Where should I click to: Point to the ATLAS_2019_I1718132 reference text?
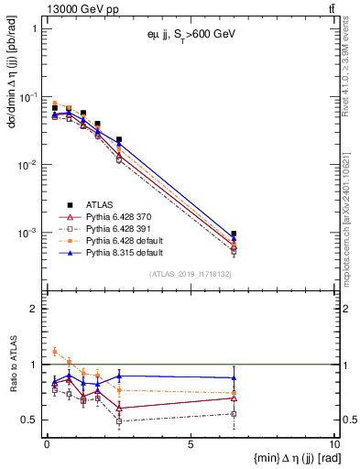point(190,274)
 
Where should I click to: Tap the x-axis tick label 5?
point(190,444)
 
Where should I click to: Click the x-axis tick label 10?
point(332,444)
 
